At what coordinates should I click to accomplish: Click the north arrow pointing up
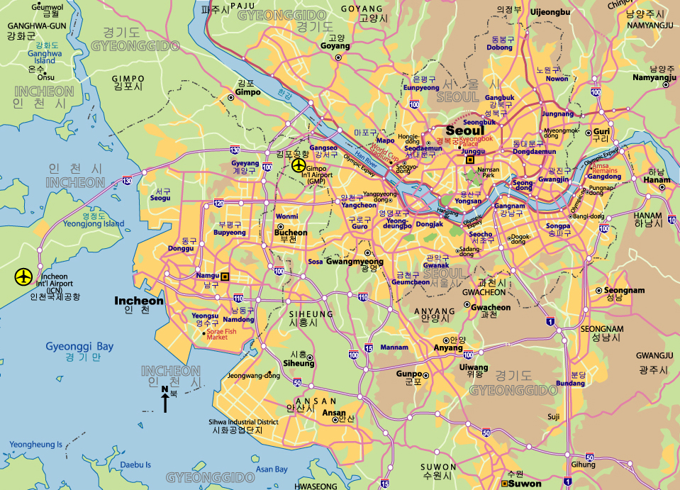click(x=165, y=401)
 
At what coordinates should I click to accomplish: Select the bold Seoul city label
click(x=464, y=130)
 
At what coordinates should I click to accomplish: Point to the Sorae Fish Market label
click(x=221, y=334)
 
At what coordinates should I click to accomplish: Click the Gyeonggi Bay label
click(x=79, y=346)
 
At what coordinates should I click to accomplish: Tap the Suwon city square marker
click(x=505, y=484)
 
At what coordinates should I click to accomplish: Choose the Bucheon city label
click(x=291, y=233)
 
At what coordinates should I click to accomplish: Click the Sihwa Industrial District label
click(x=243, y=422)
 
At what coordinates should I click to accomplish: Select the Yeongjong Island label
click(x=94, y=224)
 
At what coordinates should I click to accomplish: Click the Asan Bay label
click(x=272, y=469)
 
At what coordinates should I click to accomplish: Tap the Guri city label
click(x=601, y=132)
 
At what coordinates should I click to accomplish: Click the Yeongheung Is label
click(x=35, y=445)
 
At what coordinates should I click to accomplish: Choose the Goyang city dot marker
click(x=338, y=57)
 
